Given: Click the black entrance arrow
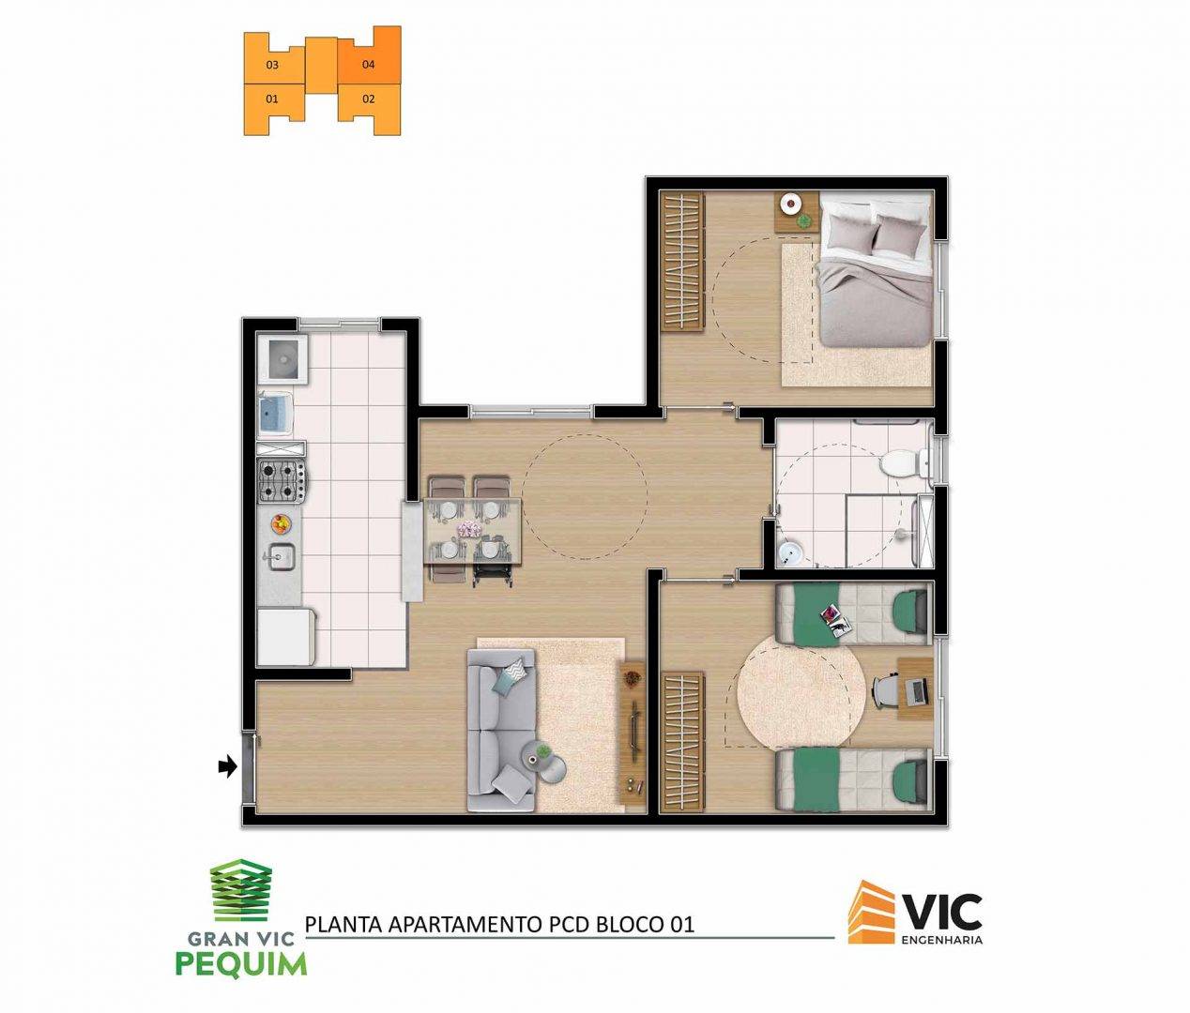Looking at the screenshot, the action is (x=228, y=766).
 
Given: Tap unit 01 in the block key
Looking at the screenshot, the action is (x=272, y=99).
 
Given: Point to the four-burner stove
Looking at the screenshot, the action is (x=282, y=480).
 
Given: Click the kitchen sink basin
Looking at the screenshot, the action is (x=281, y=556).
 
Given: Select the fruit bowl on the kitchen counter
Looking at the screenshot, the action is (x=281, y=523).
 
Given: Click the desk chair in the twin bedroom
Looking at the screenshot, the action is (x=887, y=689).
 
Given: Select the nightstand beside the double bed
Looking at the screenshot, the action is (x=797, y=212).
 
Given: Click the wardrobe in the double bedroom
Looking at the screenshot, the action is (x=682, y=262).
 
